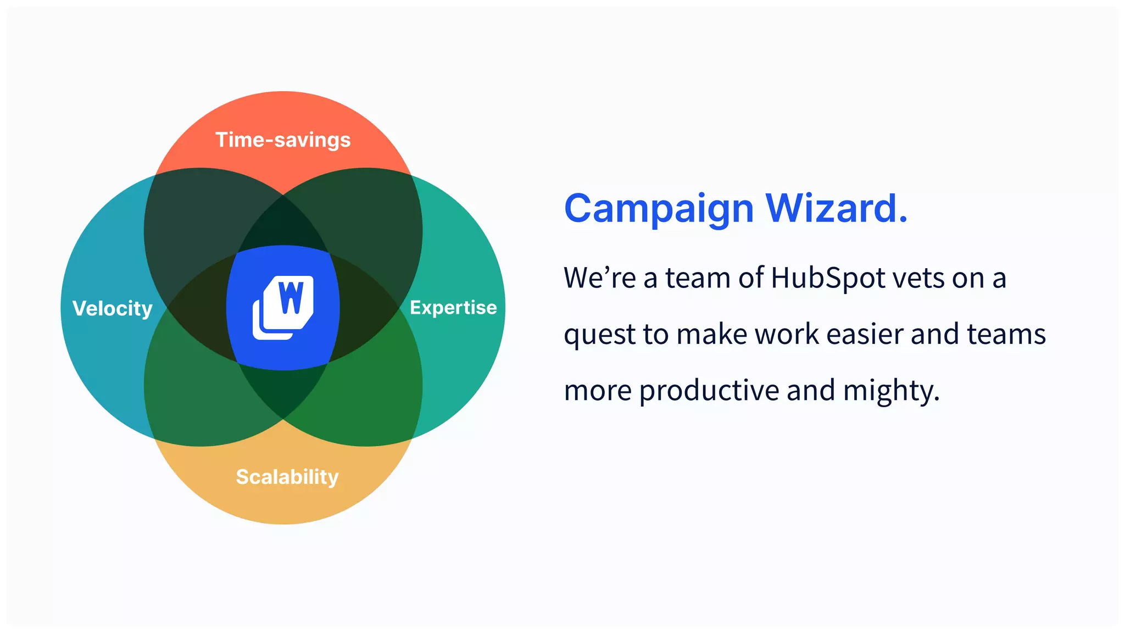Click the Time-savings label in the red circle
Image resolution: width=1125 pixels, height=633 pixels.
[x=282, y=140]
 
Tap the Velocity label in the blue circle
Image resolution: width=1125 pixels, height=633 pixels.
[x=113, y=308]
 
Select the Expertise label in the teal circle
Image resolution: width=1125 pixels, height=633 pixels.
[x=453, y=307]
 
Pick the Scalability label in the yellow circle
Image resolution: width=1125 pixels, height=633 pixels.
[x=287, y=476]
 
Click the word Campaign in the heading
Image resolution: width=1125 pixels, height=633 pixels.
[x=659, y=209]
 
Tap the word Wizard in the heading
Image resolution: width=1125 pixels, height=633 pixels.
[x=829, y=208]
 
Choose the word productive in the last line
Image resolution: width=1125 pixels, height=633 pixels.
[x=709, y=391]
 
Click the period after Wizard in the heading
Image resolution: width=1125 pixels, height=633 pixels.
[x=903, y=220]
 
